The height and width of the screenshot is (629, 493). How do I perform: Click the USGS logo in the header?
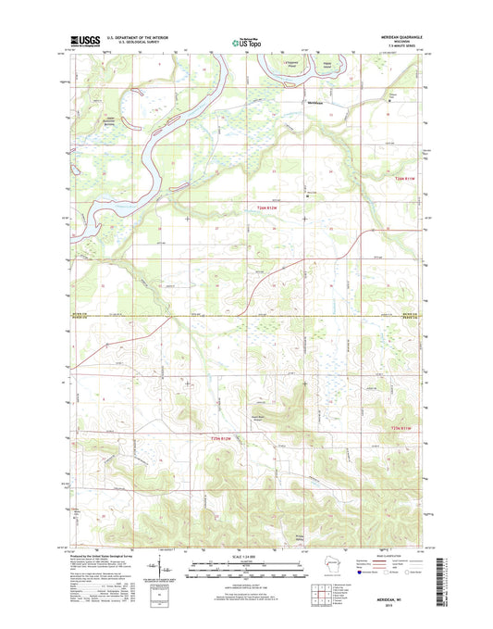[84, 40]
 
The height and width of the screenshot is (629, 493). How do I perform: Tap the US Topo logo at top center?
[246, 41]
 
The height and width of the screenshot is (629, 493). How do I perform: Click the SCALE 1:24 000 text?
[245, 557]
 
